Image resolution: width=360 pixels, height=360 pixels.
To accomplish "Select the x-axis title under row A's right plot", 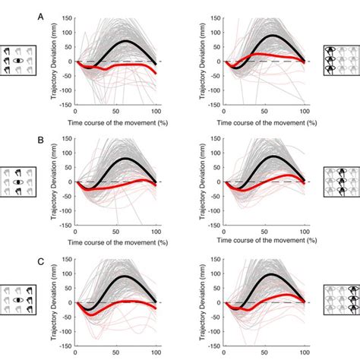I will pos(264,123).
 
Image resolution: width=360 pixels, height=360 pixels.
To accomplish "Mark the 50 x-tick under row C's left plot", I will pos(115,353).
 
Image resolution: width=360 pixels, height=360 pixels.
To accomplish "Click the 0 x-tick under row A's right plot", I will pos(223,112).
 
